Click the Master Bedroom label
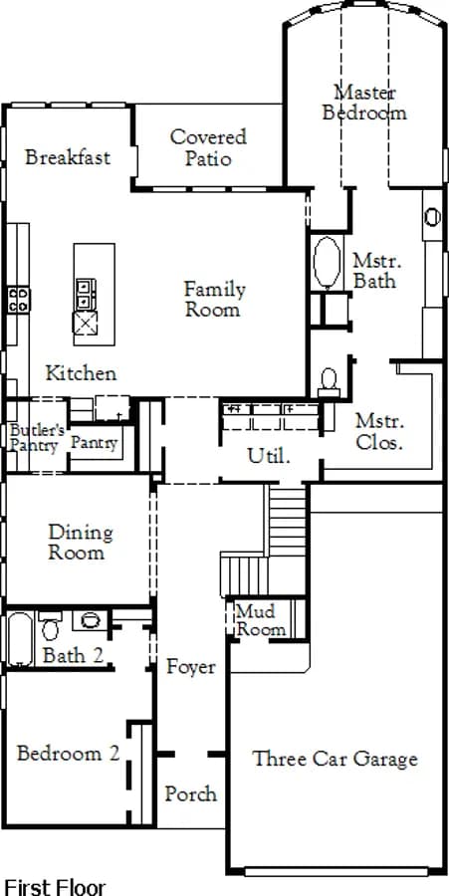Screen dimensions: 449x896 pyautogui.click(x=364, y=103)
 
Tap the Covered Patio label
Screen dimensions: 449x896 pyautogui.click(x=208, y=147)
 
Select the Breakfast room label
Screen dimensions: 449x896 pyautogui.click(x=68, y=157)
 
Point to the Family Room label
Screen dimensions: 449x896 pyautogui.click(x=214, y=300)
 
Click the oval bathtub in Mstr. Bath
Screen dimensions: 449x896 pyautogui.click(x=327, y=262)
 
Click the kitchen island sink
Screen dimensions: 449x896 pyautogui.click(x=85, y=323)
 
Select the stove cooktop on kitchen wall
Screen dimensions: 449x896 pyautogui.click(x=19, y=300)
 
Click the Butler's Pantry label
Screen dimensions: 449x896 pyautogui.click(x=37, y=438)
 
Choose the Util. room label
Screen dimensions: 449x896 pyautogui.click(x=269, y=456)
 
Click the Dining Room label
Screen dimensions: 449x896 pyautogui.click(x=80, y=543)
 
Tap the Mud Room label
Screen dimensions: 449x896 pyautogui.click(x=261, y=620)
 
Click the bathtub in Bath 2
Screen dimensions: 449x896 pyautogui.click(x=20, y=639)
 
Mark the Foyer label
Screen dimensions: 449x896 pyautogui.click(x=191, y=667)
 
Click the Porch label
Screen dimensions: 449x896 pyautogui.click(x=191, y=793)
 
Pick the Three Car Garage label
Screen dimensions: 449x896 pyautogui.click(x=336, y=759)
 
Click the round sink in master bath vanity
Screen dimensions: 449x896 pyautogui.click(x=433, y=217)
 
